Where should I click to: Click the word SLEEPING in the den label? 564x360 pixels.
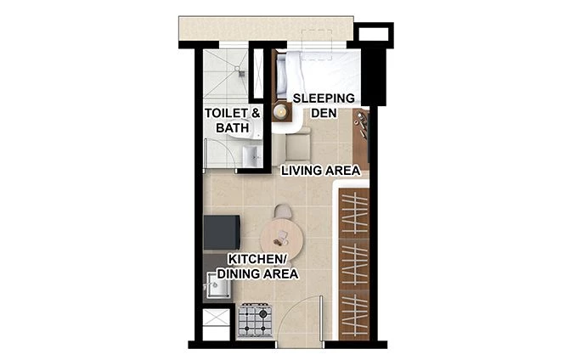click(324, 98)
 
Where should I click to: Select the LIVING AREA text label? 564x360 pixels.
click(321, 171)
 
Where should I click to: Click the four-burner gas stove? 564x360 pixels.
click(255, 319)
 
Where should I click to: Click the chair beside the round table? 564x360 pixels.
click(283, 210)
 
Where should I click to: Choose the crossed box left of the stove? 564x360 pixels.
click(216, 323)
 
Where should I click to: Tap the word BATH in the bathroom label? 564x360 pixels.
click(232, 128)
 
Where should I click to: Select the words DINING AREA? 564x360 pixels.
click(257, 274)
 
